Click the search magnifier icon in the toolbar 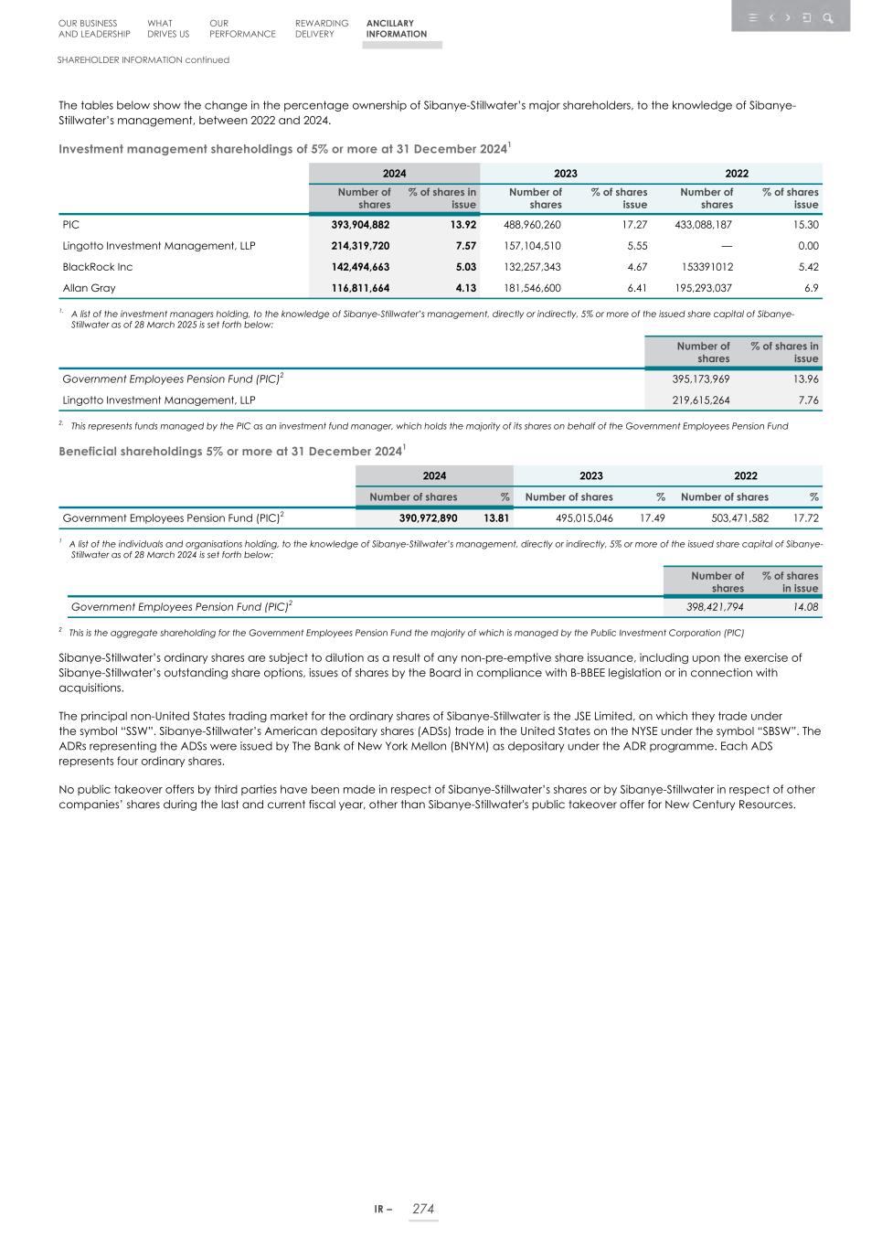point(827,17)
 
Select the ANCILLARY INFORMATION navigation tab point(396,28)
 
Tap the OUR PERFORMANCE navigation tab point(241,28)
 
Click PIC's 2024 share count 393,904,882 point(360,224)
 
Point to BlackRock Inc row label point(97,267)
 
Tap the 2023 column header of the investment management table point(565,173)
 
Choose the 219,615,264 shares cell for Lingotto point(700,400)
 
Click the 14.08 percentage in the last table point(805,606)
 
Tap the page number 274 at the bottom point(423,1209)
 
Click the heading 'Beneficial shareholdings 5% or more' point(230,452)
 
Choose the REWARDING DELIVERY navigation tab point(321,28)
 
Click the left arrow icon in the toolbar point(771,17)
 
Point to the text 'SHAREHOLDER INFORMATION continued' point(143,59)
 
